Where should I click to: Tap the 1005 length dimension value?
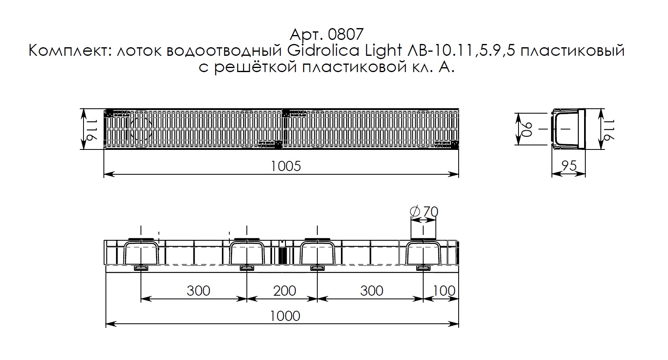(286, 166)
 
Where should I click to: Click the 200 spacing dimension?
(285, 291)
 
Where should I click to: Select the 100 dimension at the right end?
(444, 291)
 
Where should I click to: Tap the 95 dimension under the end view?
(569, 166)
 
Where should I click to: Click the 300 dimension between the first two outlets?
(198, 291)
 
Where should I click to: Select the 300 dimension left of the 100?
(371, 291)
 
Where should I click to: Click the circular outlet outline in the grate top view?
(141, 129)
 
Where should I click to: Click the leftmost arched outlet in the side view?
(141, 253)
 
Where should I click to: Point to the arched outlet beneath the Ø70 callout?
(423, 253)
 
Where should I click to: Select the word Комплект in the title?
(69, 51)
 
